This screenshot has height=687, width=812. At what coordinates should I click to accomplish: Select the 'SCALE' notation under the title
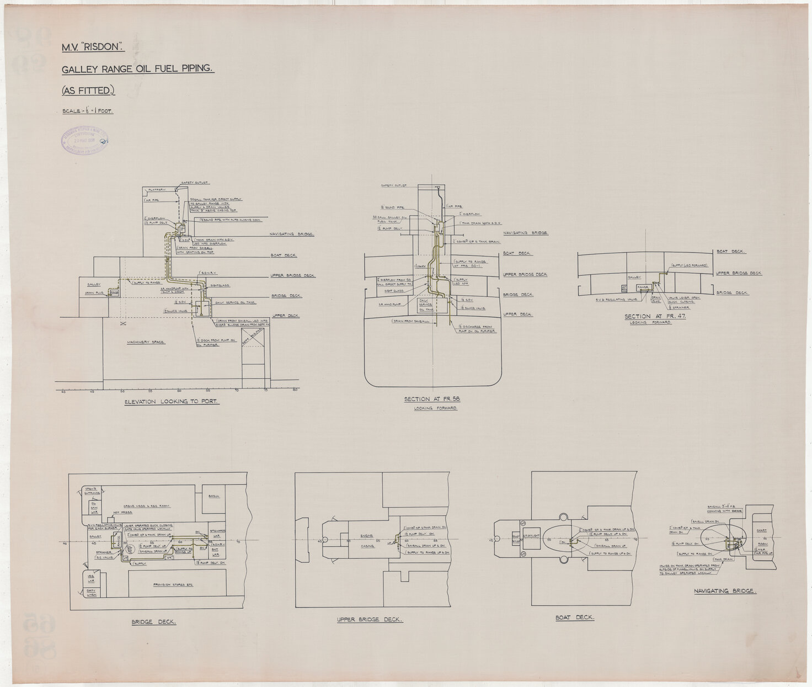click(x=87, y=111)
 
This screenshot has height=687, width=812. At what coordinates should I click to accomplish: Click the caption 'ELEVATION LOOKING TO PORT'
click(x=172, y=402)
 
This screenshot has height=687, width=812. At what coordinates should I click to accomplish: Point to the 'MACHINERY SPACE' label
click(x=146, y=342)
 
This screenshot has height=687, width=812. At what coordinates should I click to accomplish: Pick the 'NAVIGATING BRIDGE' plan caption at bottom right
click(x=725, y=591)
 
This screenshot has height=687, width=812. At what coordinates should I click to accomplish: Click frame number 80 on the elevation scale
click(x=296, y=390)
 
